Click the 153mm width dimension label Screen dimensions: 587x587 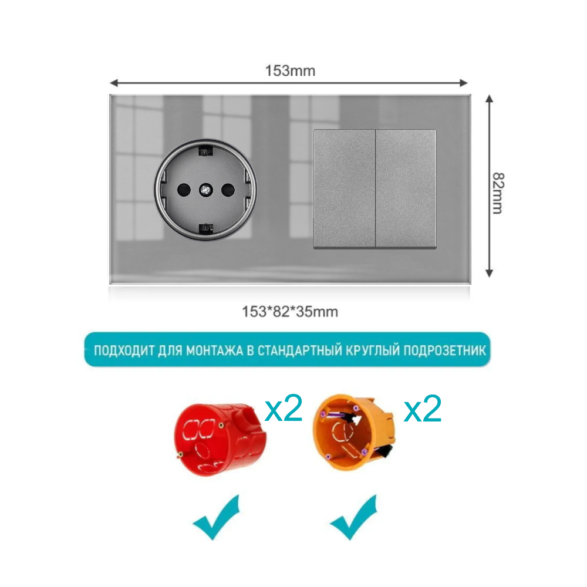pos(290,70)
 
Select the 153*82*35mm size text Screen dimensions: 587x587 pos(290,312)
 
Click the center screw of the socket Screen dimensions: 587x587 pos(205,190)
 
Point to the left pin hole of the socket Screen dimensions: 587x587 pos(183,190)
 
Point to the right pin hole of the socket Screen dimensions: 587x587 pos(228,190)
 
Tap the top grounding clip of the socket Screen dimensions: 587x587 pos(205,151)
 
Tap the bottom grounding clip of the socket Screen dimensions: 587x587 pos(205,228)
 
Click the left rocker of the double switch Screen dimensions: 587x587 pos(345,189)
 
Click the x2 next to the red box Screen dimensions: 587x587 pos(284,409)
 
